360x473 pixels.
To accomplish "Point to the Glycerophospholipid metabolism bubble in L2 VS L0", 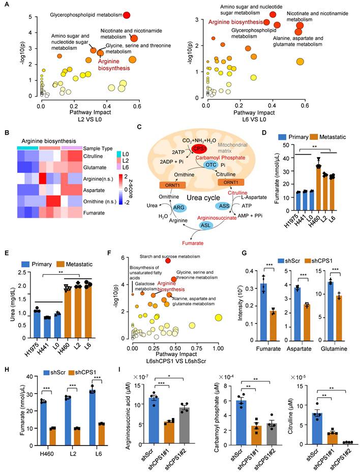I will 127,15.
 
